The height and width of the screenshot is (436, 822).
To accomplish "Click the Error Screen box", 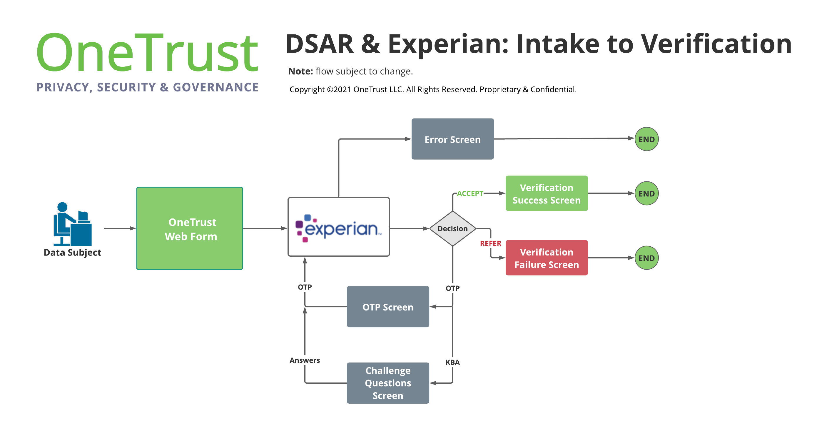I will [x=452, y=139].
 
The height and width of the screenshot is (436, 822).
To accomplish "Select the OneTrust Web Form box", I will [x=190, y=228].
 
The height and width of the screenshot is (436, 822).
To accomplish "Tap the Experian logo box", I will [x=338, y=227].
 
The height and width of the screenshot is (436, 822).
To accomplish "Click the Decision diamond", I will [x=452, y=228].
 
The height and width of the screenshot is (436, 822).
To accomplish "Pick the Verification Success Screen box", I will [x=546, y=193].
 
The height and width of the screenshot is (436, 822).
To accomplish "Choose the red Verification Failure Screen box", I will [x=546, y=258].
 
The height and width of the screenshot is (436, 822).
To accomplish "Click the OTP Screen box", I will [x=388, y=307].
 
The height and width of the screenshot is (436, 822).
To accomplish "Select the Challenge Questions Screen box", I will [x=388, y=383].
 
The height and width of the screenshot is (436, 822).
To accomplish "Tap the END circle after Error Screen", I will [x=646, y=139].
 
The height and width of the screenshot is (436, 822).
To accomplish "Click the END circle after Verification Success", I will [x=646, y=193].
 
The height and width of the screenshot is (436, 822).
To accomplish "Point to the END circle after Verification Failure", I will [x=646, y=258].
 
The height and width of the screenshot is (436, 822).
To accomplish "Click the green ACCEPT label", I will [x=470, y=193].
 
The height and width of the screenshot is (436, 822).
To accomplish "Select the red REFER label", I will [x=490, y=243].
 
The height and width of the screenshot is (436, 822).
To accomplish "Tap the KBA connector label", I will [x=452, y=362].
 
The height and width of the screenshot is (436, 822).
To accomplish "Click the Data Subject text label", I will [x=72, y=253].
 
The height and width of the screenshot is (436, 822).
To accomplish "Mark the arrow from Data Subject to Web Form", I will [x=120, y=228].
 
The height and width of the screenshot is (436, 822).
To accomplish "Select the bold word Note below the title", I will [x=300, y=71].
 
